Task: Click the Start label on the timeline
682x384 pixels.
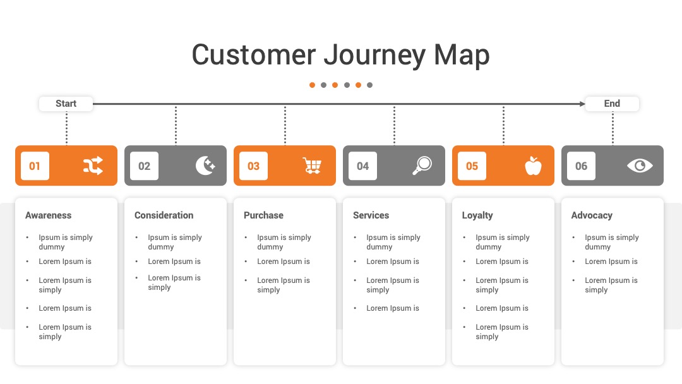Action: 66,104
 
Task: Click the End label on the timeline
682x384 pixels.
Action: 612,104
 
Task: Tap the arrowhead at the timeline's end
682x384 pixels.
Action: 582,104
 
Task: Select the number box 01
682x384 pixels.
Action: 35,165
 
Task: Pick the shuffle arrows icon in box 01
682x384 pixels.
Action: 93,165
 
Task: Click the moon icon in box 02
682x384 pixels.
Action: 205,165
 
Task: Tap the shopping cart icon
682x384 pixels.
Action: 313,165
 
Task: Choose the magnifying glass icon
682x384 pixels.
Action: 422,165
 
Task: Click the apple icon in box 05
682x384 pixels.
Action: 533,165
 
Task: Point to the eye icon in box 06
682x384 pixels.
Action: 640,165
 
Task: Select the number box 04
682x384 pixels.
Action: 362,165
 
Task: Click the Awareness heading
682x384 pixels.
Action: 48,215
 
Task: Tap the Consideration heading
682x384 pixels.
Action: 164,215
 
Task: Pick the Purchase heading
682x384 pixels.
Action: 263,215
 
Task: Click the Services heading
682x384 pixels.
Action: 371,215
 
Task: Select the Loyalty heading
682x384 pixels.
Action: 477,216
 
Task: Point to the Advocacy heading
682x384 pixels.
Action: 592,216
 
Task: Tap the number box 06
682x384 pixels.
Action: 582,165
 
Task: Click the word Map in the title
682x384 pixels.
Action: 462,56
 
